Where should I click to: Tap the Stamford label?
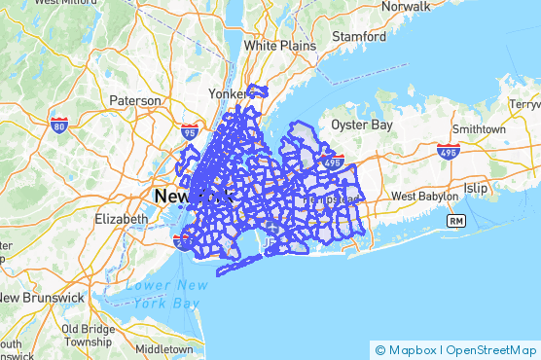tap(357, 37)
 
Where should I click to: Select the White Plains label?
tap(274, 45)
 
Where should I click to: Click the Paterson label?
tap(134, 100)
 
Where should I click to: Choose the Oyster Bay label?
tap(359, 125)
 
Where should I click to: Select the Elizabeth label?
tap(121, 219)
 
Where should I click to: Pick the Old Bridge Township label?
tap(87, 336)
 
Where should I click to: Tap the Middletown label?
tap(164, 347)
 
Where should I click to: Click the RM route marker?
tap(455, 222)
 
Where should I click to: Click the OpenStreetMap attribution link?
tap(491, 349)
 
